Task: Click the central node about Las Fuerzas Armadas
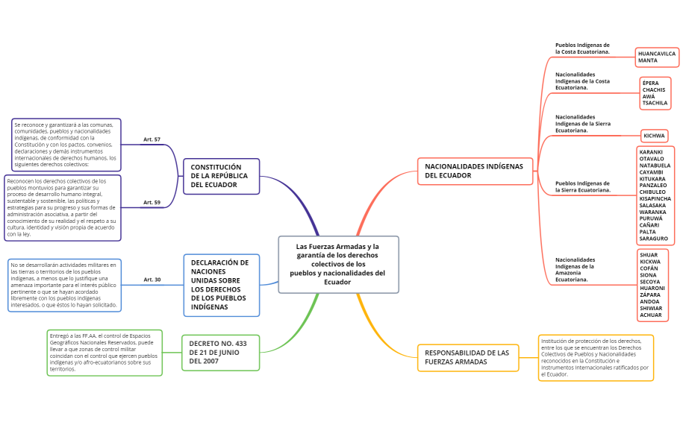338,265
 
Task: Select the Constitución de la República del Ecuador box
221,176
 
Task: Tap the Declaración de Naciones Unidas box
221,285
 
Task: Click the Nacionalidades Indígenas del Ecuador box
475,171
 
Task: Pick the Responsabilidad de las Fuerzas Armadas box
468,357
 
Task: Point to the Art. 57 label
152,139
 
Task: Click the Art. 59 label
152,202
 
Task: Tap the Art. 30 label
152,280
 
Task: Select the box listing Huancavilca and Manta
657,57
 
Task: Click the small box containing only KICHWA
654,136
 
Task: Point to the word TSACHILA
655,104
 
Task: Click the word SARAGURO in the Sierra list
654,239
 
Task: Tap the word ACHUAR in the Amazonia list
651,315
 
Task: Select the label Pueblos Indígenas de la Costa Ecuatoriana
582,48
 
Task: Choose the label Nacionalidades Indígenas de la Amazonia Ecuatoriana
576,269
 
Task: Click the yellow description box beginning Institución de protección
596,358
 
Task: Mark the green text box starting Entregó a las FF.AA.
105,353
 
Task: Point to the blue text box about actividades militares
63,286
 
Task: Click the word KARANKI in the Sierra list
651,152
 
